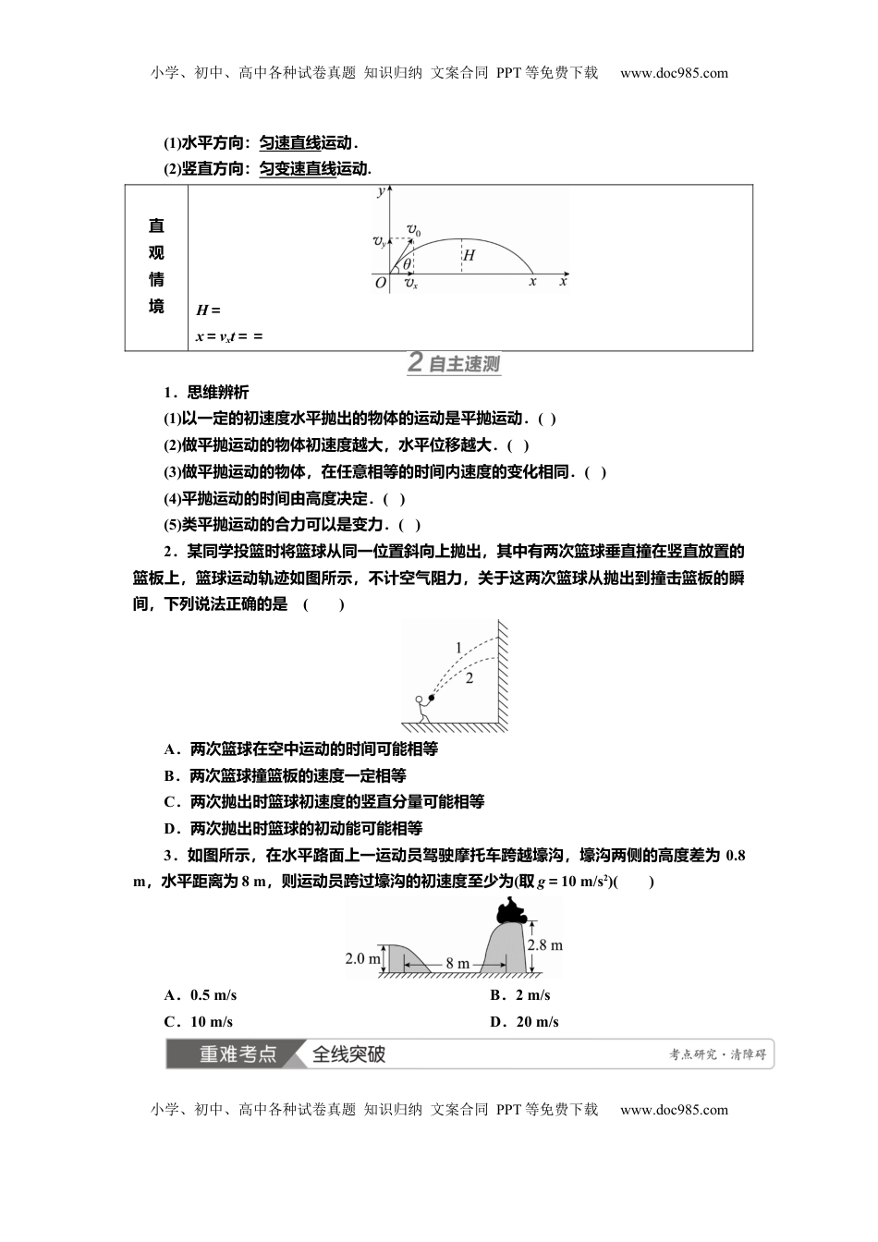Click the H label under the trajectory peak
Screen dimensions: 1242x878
point(469,255)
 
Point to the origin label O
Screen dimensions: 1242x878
point(380,283)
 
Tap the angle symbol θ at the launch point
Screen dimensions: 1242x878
point(407,264)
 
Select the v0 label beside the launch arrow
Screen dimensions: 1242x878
point(414,230)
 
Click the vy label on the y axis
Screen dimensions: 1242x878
point(380,241)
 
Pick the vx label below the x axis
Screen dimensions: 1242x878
point(411,284)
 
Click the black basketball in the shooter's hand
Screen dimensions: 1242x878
point(432,697)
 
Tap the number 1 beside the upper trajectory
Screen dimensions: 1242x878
point(458,648)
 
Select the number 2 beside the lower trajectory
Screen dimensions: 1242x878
point(469,679)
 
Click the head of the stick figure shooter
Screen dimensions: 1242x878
point(419,700)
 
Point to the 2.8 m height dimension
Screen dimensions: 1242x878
point(545,944)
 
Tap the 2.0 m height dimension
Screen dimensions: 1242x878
point(363,958)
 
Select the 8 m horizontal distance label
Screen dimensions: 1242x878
point(457,963)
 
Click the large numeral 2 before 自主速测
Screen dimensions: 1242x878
point(416,363)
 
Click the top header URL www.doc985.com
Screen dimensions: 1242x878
point(674,73)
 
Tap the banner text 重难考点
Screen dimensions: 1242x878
point(238,1053)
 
